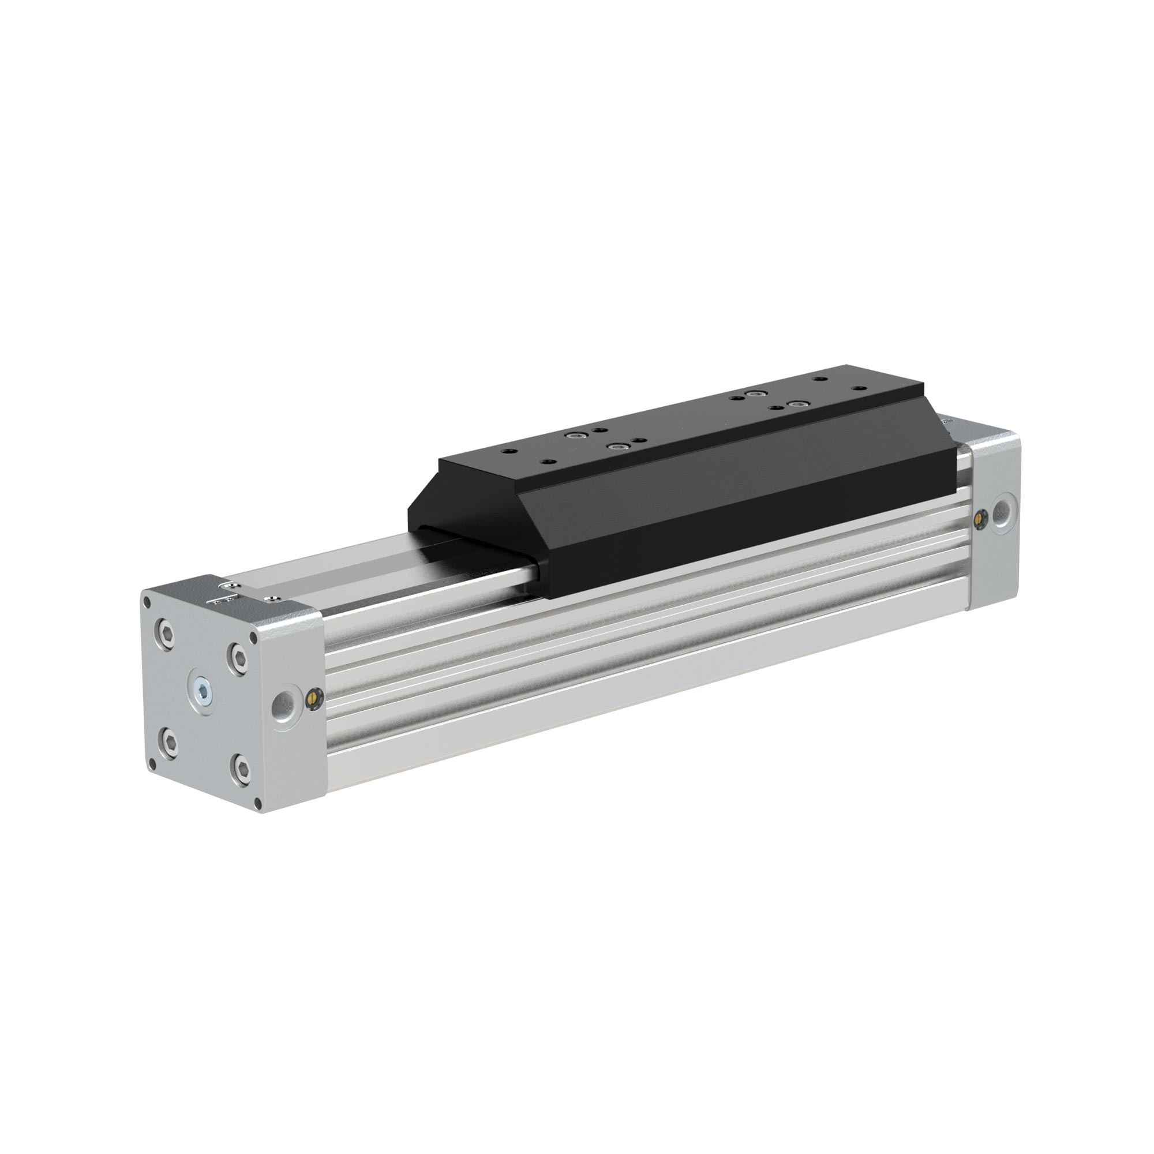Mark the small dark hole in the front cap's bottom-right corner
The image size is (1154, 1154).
coord(258,803)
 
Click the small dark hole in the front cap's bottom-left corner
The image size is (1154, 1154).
coord(153,764)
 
